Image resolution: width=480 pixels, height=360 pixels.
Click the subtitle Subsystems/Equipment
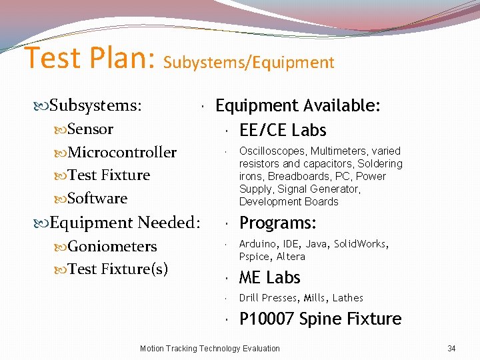pos(249,63)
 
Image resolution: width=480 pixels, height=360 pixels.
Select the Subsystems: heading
pos(95,105)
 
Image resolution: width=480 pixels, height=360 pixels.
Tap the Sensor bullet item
pos(90,129)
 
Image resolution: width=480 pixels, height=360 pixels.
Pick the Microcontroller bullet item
pos(122,152)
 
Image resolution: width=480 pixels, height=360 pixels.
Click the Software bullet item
pos(97,198)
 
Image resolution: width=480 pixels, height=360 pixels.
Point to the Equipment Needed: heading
pos(124,222)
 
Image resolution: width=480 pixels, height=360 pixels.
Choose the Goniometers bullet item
pos(112,246)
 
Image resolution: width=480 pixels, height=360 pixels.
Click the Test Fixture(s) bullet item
pos(117,269)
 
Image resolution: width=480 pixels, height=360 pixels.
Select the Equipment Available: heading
pos(298,105)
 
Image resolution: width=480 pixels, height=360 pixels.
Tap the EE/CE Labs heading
pos(283,130)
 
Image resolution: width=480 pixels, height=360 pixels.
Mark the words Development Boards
pos(289,202)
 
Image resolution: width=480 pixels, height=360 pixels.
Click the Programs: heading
pos(278,223)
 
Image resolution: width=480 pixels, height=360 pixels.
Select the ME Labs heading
pos(270,277)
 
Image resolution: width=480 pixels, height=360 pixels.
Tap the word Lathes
pos(347,298)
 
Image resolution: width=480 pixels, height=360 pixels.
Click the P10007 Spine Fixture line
pos(320,319)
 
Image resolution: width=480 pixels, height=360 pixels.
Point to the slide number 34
pos(451,348)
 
